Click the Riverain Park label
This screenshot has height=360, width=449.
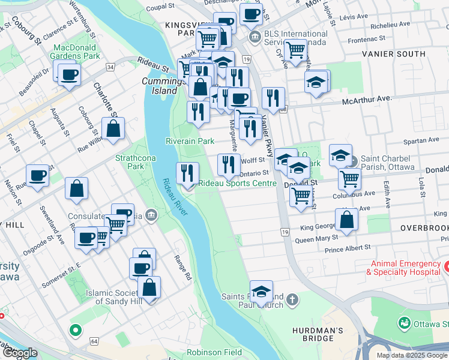point(190,141)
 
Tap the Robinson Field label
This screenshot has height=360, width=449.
point(212,353)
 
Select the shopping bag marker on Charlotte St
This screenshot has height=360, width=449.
point(113,128)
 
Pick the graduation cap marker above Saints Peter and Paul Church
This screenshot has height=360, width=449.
point(261,292)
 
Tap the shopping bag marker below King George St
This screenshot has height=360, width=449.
point(346,220)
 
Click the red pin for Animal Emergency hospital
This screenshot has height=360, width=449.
point(446,265)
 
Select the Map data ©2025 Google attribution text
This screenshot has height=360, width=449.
point(412,355)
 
